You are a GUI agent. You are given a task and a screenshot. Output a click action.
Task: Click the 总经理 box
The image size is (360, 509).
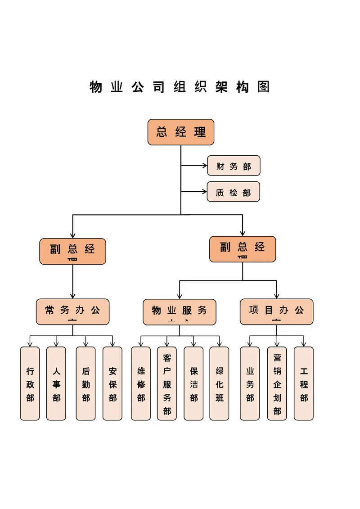pos(181,132)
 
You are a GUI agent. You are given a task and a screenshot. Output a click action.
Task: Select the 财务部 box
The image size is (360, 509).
pos(234,166)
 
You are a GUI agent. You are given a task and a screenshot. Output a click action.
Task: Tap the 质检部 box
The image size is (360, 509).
pos(234,192)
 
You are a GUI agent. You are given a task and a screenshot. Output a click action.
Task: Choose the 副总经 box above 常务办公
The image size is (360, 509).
pos(72,251)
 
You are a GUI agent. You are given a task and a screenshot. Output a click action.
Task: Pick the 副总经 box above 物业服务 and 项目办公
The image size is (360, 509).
pos(243,249)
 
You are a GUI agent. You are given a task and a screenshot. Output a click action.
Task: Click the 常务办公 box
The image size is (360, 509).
pos(72,311)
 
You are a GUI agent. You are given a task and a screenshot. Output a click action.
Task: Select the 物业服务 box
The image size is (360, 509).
pos(180,312)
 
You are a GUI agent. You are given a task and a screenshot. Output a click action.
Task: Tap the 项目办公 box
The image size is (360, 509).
pos(276,311)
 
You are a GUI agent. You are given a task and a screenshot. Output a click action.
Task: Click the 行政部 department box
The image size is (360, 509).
pos(30,383)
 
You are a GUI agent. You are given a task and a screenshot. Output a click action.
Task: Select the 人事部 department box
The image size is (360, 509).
pos(56,383)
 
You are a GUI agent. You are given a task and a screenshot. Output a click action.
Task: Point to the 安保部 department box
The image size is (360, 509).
pos(112,383)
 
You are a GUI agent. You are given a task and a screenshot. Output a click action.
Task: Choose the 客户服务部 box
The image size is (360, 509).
pos(167,383)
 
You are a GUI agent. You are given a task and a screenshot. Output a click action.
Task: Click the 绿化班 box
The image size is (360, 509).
pos(220,383)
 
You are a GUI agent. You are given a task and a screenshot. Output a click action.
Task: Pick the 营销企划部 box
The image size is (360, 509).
pos(277,383)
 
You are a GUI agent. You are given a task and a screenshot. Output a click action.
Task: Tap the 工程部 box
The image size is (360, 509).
pos(304,383)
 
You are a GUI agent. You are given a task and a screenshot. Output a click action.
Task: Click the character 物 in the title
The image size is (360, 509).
pos(96,87)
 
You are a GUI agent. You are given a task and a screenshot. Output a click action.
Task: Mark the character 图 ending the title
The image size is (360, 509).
pos(264,87)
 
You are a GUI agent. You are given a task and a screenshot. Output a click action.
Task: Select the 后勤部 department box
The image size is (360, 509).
pos(85,383)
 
